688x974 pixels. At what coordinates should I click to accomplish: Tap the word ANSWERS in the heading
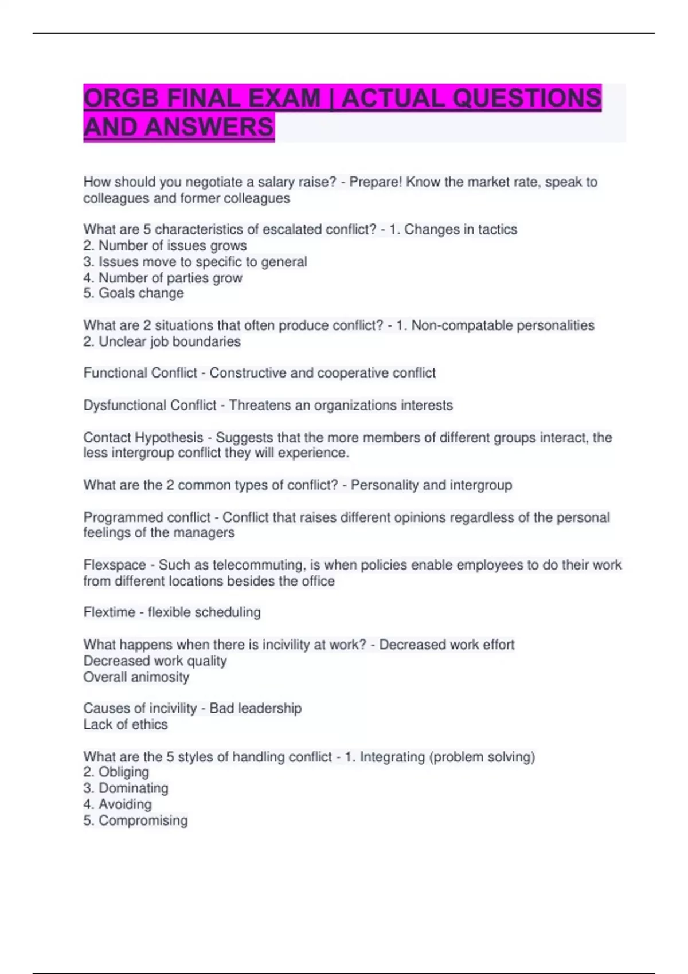(x=209, y=127)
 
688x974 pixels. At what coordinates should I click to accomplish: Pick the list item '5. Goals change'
(x=134, y=293)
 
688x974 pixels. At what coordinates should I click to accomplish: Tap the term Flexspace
(x=115, y=565)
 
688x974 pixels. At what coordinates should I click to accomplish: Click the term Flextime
(x=110, y=612)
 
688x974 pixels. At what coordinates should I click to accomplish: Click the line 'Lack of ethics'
(x=126, y=725)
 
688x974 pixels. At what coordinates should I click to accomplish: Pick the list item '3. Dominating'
(x=126, y=788)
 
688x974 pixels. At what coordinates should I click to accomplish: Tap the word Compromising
(x=143, y=820)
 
